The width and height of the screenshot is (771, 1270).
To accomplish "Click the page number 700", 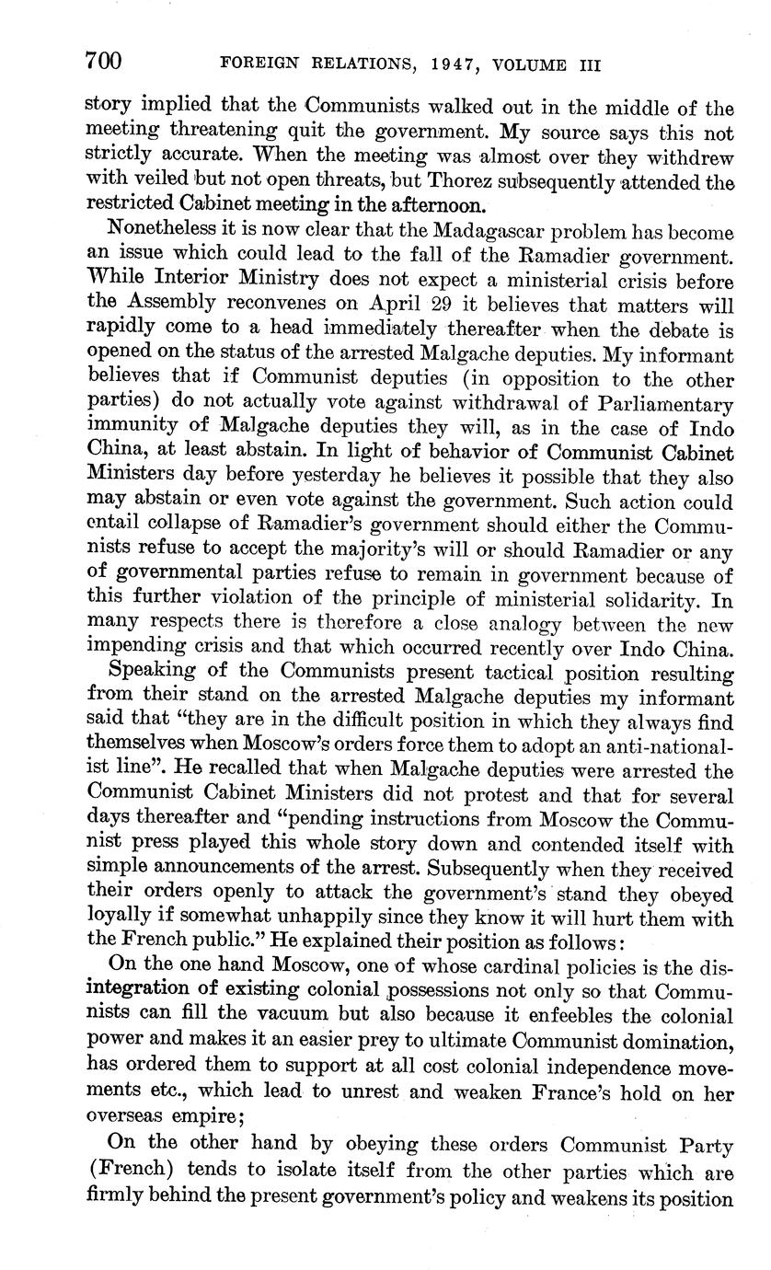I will point(103,62).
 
